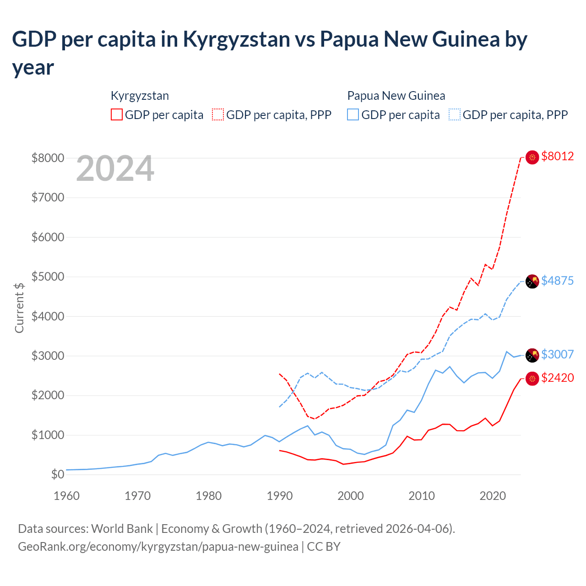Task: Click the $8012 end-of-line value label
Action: (x=557, y=157)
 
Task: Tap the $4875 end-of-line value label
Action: (x=557, y=281)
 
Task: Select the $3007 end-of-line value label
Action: (x=557, y=354)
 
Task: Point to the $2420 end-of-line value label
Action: (x=557, y=378)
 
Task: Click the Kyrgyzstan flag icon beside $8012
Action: (x=532, y=157)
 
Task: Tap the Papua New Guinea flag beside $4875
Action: (x=532, y=282)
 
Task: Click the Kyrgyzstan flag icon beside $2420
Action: (x=532, y=379)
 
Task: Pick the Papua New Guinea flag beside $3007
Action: (x=532, y=355)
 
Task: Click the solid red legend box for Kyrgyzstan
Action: (x=117, y=114)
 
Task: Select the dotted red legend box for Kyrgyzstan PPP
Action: (x=218, y=114)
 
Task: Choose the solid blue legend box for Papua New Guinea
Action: (x=353, y=114)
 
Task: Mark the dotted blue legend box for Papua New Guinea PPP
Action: (x=455, y=114)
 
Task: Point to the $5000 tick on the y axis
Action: (x=48, y=277)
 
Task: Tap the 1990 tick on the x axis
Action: (x=280, y=496)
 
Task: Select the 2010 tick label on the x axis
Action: (x=422, y=496)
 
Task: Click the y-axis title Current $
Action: (x=19, y=308)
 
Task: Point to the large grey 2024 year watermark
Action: (x=115, y=169)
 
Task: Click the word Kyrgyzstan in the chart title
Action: (x=236, y=39)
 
